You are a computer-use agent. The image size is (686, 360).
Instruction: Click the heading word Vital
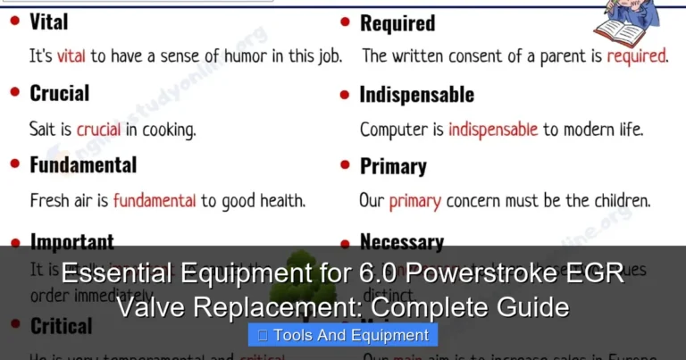48,21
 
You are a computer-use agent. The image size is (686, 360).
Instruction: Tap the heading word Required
397,23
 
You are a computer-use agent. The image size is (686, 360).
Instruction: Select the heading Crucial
59,93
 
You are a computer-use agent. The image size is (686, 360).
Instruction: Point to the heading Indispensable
416,95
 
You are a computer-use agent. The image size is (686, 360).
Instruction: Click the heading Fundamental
83,165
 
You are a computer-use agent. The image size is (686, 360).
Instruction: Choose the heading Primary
393,167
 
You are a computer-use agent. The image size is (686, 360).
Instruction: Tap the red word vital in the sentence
71,56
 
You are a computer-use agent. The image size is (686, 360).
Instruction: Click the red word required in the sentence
637,56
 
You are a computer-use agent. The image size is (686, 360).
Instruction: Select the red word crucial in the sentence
98,130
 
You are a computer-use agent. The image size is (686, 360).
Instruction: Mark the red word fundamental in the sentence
155,201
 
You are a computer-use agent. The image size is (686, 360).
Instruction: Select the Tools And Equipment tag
343,335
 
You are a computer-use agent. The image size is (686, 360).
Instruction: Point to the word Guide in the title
526,308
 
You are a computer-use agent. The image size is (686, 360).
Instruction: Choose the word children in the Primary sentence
615,201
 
